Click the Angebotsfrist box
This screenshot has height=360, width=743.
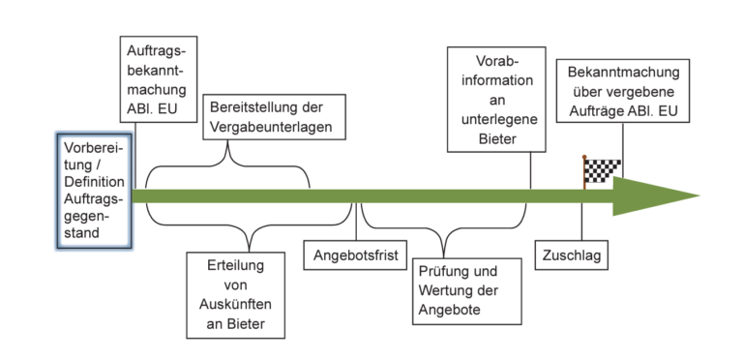(355, 257)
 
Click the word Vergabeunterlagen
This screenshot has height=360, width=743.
(271, 126)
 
